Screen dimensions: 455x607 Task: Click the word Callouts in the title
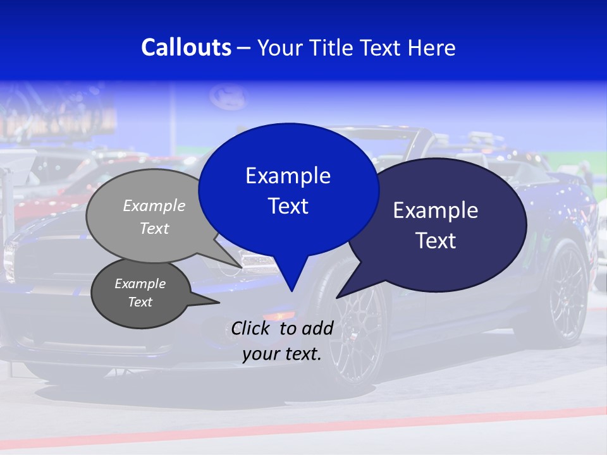pos(187,47)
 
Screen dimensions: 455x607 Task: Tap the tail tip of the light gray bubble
pos(240,266)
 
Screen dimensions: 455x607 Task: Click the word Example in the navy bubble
pos(435,210)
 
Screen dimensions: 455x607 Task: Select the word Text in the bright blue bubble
pos(288,206)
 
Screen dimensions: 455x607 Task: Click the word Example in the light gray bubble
pos(154,205)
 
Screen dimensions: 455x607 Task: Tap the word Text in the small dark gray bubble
pos(140,302)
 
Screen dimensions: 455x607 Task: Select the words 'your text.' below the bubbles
pos(282,354)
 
